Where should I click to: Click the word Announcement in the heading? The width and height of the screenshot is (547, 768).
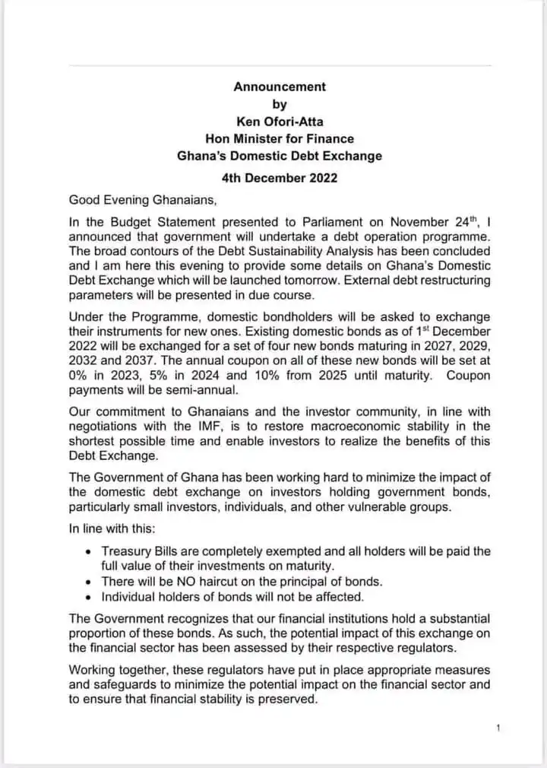tap(280, 87)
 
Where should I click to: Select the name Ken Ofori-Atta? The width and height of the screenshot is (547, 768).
tap(280, 121)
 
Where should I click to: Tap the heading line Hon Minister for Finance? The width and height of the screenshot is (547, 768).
tap(280, 138)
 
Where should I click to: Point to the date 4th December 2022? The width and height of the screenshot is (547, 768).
tap(280, 179)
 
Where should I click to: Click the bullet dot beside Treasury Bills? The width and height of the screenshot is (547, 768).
tap(91, 551)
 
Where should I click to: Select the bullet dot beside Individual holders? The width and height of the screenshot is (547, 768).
tap(91, 596)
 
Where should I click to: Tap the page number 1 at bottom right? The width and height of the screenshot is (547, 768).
tap(498, 728)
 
